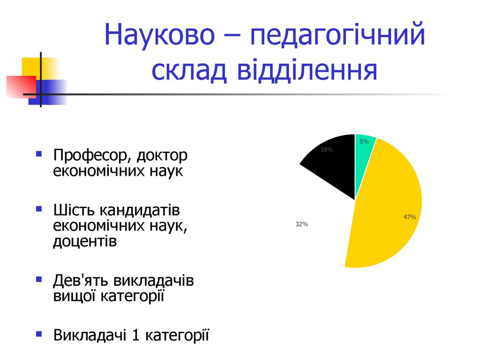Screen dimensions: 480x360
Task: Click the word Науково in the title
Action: tap(159, 34)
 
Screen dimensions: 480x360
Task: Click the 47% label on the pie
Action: tap(410, 217)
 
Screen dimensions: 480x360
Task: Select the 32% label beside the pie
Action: tap(301, 224)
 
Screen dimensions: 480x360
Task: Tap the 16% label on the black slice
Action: tap(327, 150)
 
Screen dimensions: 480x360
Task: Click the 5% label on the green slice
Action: tap(364, 142)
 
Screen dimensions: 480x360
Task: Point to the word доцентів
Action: tap(85, 241)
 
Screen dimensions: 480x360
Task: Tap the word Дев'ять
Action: tap(81, 280)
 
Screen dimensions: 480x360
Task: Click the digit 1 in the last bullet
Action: tap(135, 335)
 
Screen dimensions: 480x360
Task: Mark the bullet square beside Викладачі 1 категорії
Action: tap(39, 334)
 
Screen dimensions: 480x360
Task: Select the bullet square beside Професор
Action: tap(39, 154)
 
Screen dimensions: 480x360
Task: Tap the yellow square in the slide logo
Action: tap(40, 68)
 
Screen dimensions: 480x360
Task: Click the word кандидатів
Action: tap(140, 210)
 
